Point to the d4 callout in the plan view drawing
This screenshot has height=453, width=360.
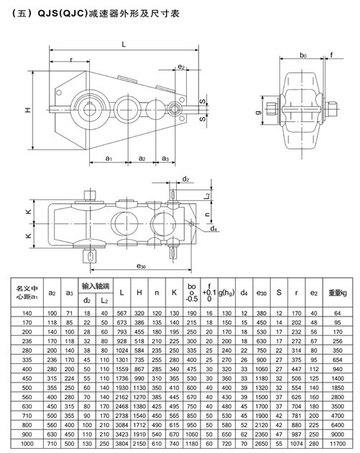point(215,229)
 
